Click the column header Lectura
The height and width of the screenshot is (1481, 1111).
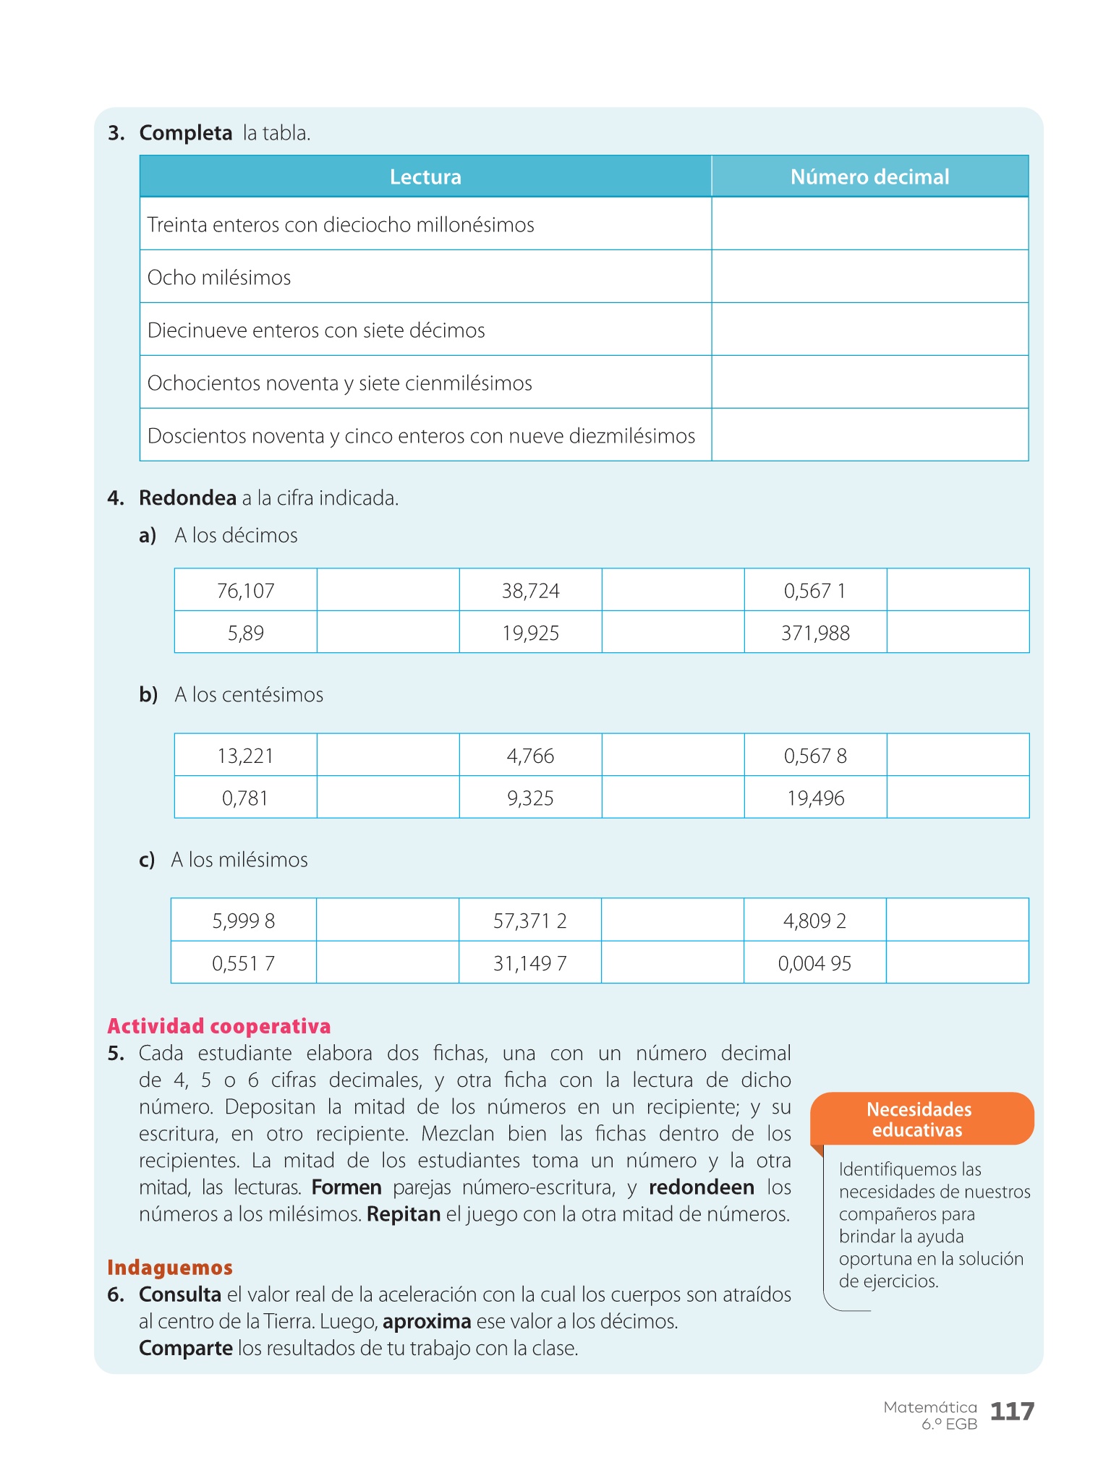click(x=425, y=176)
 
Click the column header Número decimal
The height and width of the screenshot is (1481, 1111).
click(x=869, y=176)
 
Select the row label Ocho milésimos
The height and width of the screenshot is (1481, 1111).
click(x=219, y=278)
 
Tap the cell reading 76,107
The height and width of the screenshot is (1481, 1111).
click(x=246, y=591)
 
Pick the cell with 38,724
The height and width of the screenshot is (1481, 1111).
click(x=531, y=591)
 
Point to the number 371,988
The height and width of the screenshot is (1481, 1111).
click(x=815, y=633)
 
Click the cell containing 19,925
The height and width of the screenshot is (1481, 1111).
click(x=531, y=633)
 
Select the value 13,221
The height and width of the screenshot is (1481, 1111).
click(x=246, y=756)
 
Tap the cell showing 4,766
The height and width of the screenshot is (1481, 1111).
click(x=531, y=756)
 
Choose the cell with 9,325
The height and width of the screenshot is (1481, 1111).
click(x=531, y=798)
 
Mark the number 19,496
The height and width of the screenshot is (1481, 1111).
click(x=815, y=798)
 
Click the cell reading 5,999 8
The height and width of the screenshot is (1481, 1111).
click(x=244, y=921)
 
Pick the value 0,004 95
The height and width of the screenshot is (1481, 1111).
click(x=814, y=963)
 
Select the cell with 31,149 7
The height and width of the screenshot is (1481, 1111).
click(x=530, y=963)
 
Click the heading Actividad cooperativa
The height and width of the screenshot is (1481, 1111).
click(x=219, y=1025)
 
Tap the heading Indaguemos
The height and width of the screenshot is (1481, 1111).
click(x=170, y=1267)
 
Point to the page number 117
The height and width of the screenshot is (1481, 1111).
click(x=1012, y=1411)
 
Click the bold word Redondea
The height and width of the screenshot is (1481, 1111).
click(x=188, y=498)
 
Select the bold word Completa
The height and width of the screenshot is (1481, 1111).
click(x=186, y=133)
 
